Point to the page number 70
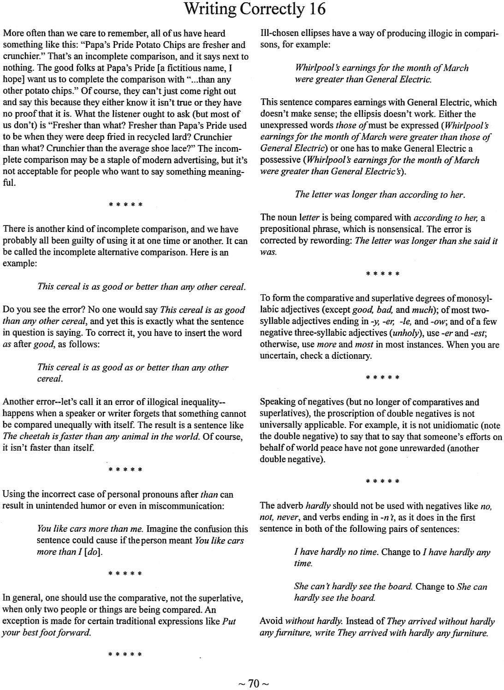tap(254, 683)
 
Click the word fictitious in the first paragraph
tap(178, 68)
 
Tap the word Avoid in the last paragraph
tap(271, 621)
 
